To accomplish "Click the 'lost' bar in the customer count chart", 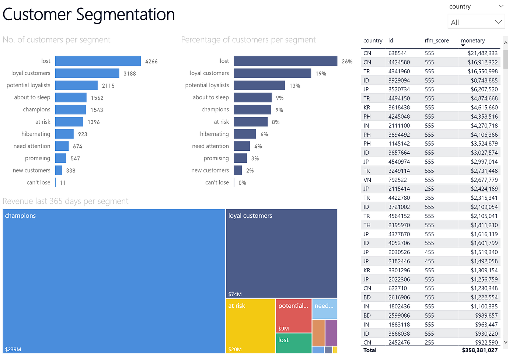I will (x=98, y=61).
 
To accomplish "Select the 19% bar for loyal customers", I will (x=272, y=73).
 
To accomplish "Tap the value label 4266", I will (x=151, y=62).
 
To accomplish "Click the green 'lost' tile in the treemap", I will (x=293, y=343).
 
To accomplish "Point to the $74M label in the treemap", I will (x=235, y=294).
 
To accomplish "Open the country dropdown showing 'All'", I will (x=476, y=22).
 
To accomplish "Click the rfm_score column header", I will (x=436, y=41).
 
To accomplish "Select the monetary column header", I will (x=473, y=41).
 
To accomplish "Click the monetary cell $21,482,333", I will (x=482, y=53).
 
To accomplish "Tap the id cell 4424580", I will (x=399, y=62).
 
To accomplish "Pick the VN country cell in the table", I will (x=367, y=180).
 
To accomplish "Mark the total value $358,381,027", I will (x=480, y=350).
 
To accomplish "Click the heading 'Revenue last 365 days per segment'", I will (x=65, y=201).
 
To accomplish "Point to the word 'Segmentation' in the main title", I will (x=125, y=15).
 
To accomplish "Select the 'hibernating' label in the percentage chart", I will (x=214, y=134).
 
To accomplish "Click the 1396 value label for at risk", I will (x=94, y=122).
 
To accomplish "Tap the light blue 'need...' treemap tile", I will (x=324, y=309).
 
